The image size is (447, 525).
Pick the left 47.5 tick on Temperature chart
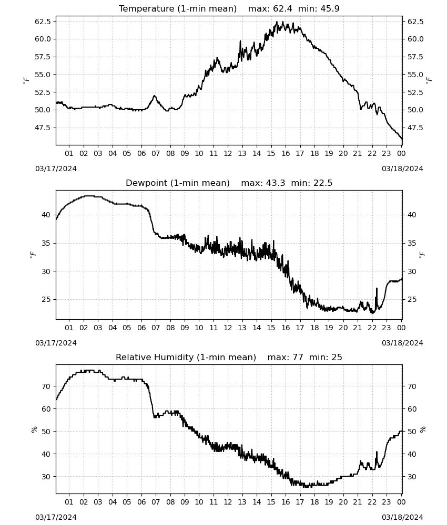pos(44,128)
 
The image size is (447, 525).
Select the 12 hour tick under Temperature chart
pos(228,153)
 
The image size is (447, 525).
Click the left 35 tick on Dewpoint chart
pos(46,243)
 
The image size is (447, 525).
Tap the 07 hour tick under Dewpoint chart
pos(156,328)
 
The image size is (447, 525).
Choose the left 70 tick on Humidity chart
pos(46,386)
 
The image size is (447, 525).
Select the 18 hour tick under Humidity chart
pos(314,502)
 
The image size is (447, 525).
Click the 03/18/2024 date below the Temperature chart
pos(402,169)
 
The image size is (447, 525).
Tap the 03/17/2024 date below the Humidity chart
pos(56,517)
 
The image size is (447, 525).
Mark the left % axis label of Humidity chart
pos(34,429)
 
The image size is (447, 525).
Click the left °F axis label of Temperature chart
pos(26,80)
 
